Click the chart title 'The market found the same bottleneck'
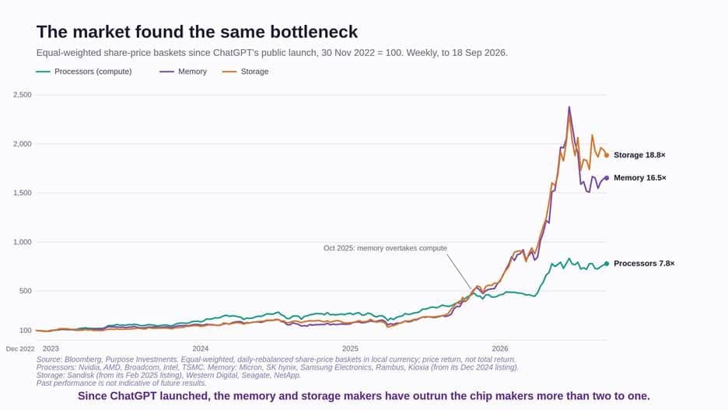(x=197, y=32)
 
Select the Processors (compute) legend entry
(x=84, y=72)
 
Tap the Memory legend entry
(x=184, y=72)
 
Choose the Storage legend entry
(x=246, y=72)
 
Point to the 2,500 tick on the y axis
(x=23, y=95)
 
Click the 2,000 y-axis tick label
(x=23, y=144)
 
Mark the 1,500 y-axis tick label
(x=23, y=193)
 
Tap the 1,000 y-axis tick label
(x=23, y=242)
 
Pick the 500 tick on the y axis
(x=26, y=291)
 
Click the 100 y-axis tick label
(x=26, y=331)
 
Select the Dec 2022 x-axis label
(x=20, y=349)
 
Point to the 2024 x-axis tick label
(x=201, y=349)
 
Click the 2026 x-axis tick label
(x=500, y=349)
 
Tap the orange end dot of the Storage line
(x=607, y=156)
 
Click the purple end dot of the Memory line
(x=607, y=178)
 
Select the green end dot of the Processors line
(x=607, y=264)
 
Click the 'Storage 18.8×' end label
(x=639, y=155)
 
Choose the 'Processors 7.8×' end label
(x=644, y=263)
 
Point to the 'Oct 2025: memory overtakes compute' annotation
(x=385, y=248)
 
